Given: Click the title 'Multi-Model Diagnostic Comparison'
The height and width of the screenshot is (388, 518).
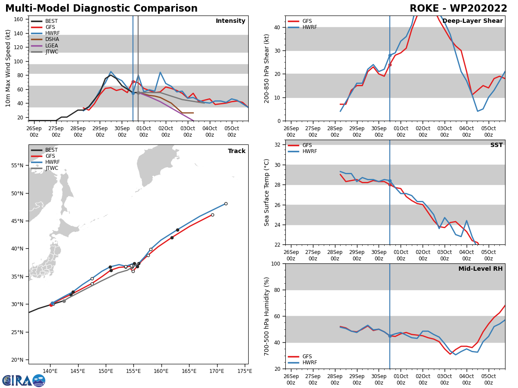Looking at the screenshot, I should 101,9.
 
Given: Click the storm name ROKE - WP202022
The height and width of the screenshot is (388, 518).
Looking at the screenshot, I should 458,9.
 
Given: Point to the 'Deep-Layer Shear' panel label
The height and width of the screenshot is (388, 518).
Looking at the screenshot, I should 472,21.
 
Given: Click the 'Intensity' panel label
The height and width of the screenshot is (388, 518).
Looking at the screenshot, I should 231,21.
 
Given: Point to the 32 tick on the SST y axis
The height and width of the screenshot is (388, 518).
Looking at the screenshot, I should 278,145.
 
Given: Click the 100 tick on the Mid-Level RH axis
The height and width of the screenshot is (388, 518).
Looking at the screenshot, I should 275,263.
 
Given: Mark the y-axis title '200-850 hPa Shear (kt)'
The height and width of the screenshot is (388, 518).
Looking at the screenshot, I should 267,68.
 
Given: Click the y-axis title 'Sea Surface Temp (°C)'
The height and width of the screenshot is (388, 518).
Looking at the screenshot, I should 267,192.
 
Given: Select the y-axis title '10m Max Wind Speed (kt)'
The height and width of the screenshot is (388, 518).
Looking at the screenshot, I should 8,68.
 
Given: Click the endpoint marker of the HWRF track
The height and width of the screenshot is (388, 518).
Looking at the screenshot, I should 226,203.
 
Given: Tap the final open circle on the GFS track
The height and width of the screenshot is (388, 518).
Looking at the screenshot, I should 212,215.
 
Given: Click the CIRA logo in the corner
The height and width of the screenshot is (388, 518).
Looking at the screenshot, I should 24,381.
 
